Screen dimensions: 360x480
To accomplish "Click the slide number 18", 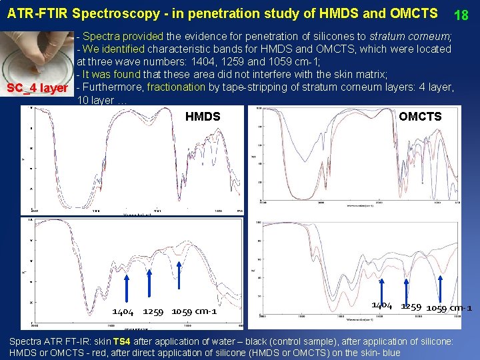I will point(462,15).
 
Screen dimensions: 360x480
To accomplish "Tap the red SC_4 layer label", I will point(37,88).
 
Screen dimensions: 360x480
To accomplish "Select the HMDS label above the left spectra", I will point(203,117).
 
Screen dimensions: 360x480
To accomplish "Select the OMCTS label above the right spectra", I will point(420,117).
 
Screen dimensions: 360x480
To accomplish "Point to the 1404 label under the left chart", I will point(123,311).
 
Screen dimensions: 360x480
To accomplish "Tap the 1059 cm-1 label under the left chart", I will point(194,311).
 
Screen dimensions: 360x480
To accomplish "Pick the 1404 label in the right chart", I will point(381,305).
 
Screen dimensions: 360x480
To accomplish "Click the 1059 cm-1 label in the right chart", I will point(449,307).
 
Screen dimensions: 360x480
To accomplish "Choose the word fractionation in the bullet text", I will point(176,87).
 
